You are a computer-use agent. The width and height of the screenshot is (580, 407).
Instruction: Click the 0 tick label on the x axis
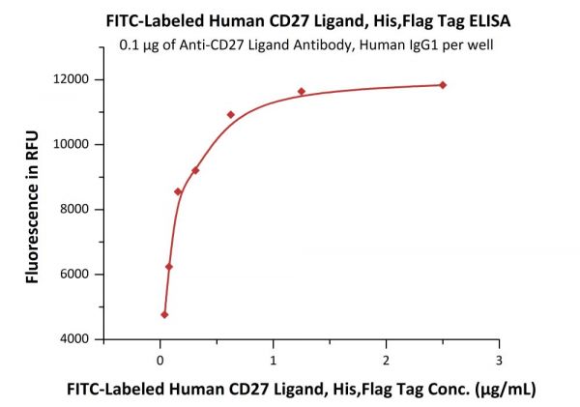pyautogui.click(x=160, y=360)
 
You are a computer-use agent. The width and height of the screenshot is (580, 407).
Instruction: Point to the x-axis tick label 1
pyautogui.click(x=274, y=360)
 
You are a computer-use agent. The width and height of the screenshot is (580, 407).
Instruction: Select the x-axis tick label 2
pyautogui.click(x=387, y=360)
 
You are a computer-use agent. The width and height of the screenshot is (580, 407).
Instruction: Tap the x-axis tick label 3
pyautogui.click(x=499, y=360)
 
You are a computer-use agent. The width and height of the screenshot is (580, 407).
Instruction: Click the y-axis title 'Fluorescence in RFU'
pyautogui.click(x=35, y=209)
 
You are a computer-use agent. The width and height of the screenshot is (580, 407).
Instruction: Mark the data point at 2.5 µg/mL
pyautogui.click(x=443, y=85)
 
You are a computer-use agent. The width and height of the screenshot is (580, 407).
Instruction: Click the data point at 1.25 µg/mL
pyautogui.click(x=302, y=92)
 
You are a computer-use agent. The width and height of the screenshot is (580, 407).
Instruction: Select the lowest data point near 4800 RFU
pyautogui.click(x=164, y=314)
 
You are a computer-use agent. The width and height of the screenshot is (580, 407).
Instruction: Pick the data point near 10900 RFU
pyautogui.click(x=231, y=115)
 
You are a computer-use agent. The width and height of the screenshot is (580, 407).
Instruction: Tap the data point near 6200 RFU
pyautogui.click(x=169, y=267)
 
